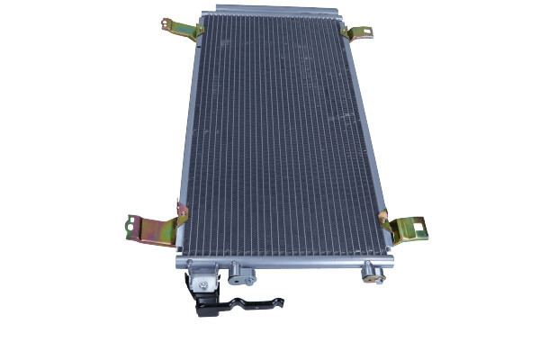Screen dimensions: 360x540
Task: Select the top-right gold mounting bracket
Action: coord(359,32)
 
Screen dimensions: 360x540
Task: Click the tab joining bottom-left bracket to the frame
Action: coord(181,216)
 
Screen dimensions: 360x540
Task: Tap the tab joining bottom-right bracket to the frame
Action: coord(384,219)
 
